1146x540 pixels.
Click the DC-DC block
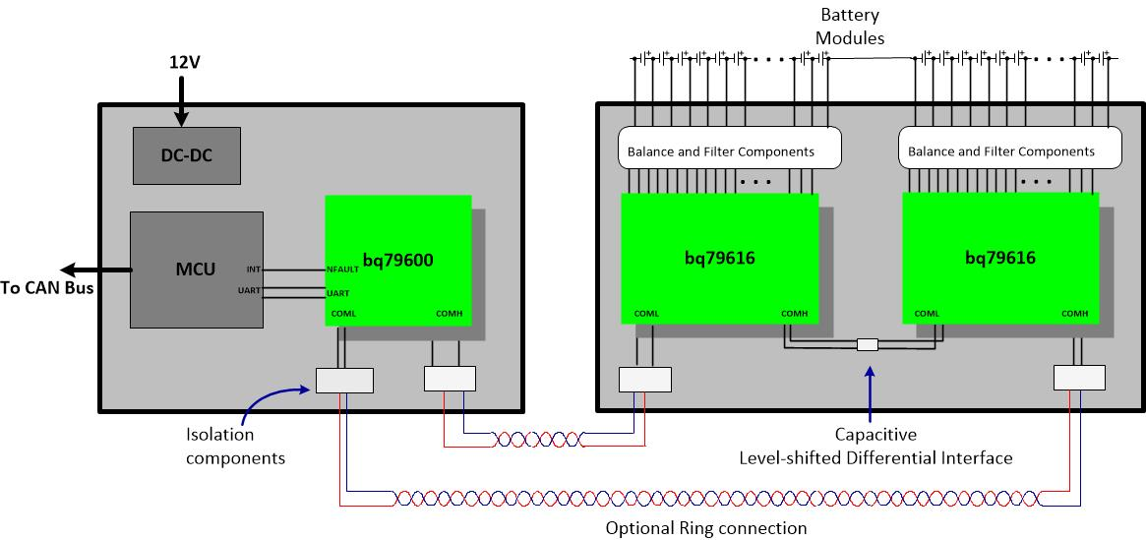pyautogui.click(x=187, y=155)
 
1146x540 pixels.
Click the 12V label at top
pyautogui.click(x=184, y=63)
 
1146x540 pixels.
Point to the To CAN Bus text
pyautogui.click(x=47, y=287)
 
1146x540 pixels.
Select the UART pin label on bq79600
pyautogui.click(x=337, y=293)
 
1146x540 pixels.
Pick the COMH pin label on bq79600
pyautogui.click(x=451, y=315)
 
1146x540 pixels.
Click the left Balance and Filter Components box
pyautogui.click(x=730, y=151)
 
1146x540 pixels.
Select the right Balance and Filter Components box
pyautogui.click(x=1010, y=151)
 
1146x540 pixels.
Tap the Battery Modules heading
pyautogui.click(x=853, y=27)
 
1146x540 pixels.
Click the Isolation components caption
pyautogui.click(x=235, y=446)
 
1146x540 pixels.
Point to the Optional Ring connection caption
pyautogui.click(x=705, y=528)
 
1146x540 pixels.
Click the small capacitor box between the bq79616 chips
pyautogui.click(x=868, y=345)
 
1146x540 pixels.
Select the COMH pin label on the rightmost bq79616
pyautogui.click(x=1074, y=314)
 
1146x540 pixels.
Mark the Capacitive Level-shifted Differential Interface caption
pyautogui.click(x=875, y=446)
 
